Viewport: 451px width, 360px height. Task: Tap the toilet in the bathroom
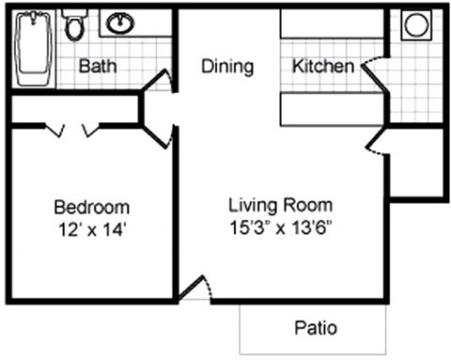click(x=74, y=25)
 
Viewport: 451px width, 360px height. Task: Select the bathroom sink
click(x=119, y=23)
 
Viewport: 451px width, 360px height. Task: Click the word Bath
click(x=97, y=67)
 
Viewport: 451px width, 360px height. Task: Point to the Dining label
click(x=227, y=67)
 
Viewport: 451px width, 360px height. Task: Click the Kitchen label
click(x=323, y=67)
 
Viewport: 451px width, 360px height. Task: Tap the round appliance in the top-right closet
click(x=414, y=25)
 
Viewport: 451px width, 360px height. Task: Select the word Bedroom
click(x=91, y=207)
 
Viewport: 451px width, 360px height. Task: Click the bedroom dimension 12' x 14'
click(x=91, y=227)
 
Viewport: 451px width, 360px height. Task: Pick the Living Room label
click(x=280, y=204)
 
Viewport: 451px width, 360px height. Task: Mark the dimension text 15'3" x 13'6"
click(x=280, y=227)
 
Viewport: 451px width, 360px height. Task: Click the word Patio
click(x=316, y=328)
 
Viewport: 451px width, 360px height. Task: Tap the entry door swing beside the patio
click(x=195, y=289)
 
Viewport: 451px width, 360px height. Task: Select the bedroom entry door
click(x=159, y=135)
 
